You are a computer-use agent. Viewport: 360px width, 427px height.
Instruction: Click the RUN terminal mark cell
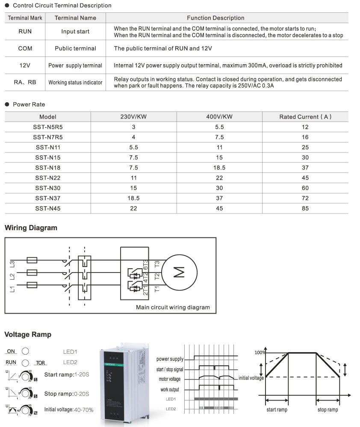click(x=25, y=32)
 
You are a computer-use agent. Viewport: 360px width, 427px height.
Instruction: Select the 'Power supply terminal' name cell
click(x=75, y=65)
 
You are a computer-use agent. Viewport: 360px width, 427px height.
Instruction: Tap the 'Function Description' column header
click(x=215, y=18)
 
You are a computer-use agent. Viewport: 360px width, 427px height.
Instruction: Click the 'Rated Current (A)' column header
click(x=305, y=117)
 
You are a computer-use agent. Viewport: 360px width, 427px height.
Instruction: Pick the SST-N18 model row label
click(x=47, y=168)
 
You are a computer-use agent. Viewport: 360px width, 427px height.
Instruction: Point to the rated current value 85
click(x=305, y=209)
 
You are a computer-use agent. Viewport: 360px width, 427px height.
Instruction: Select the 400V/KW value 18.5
click(x=219, y=168)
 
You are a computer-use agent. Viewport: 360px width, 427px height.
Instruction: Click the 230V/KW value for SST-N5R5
click(x=133, y=127)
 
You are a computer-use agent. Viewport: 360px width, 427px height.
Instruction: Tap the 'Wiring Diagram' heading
click(x=31, y=228)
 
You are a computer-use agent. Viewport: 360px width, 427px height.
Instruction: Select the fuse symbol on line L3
click(x=32, y=260)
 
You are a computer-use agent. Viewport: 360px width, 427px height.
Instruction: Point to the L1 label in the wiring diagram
click(x=12, y=289)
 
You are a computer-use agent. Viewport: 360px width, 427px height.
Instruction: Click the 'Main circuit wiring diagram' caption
click(x=173, y=307)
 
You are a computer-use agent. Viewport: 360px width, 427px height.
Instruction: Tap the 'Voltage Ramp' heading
click(x=28, y=335)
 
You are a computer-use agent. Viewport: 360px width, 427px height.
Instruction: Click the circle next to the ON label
click(x=26, y=351)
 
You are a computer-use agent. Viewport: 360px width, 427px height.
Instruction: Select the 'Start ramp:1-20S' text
click(x=67, y=374)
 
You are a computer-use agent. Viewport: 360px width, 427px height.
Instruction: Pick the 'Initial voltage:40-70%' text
click(x=69, y=409)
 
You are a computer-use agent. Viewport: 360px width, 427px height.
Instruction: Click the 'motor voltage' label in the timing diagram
click(x=170, y=379)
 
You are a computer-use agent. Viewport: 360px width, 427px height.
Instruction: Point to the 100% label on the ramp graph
click(x=260, y=353)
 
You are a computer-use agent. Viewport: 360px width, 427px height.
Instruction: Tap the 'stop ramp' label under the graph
click(x=328, y=410)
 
